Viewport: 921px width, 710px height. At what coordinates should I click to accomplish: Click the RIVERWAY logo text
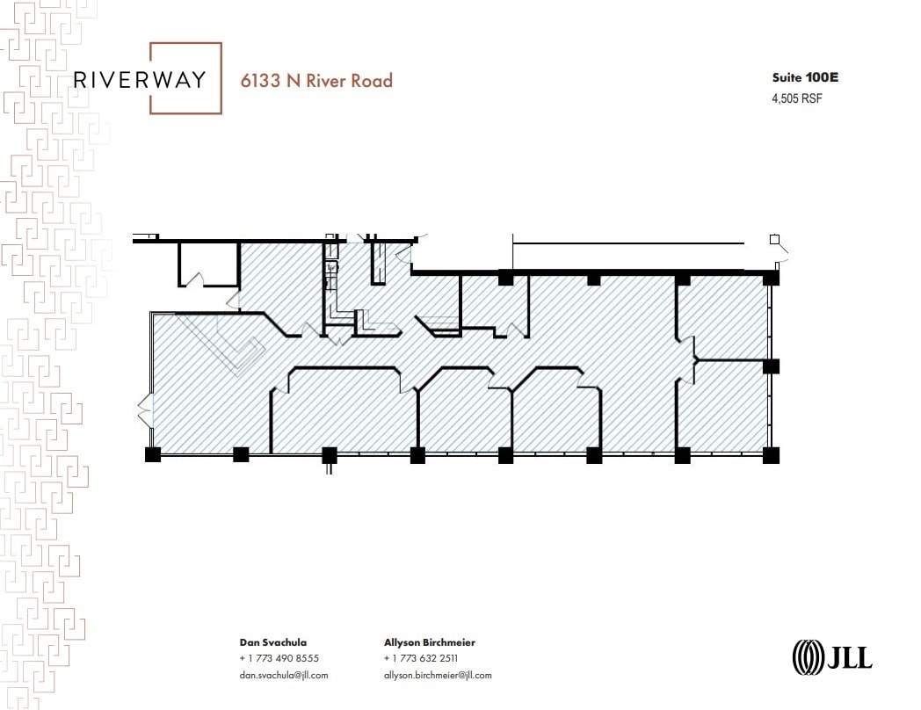point(140,79)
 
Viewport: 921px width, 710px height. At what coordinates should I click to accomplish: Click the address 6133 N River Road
point(317,81)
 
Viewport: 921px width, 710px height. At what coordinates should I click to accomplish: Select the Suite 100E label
point(804,77)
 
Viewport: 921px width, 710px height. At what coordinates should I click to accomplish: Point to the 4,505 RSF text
point(796,98)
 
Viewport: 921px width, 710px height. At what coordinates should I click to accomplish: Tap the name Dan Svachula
point(273,642)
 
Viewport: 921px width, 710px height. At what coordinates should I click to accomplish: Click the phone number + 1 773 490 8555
point(279,658)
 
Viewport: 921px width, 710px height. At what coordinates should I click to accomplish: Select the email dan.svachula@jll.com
point(283,675)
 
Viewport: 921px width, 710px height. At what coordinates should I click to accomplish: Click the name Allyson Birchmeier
point(430,642)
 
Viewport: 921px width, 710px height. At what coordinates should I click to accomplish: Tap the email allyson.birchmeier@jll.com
point(438,675)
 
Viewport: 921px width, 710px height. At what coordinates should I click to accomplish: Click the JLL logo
point(832,656)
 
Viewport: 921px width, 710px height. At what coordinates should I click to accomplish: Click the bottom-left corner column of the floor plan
point(153,454)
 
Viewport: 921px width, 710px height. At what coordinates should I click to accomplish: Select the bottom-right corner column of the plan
point(771,454)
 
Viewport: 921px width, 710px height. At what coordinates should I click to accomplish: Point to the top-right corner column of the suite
point(771,278)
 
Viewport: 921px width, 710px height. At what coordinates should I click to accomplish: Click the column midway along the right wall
point(771,366)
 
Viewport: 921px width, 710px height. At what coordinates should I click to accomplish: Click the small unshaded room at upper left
point(209,264)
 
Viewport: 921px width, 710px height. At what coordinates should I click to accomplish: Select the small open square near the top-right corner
point(774,239)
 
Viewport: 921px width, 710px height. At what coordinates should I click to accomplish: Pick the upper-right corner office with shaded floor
point(726,316)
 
